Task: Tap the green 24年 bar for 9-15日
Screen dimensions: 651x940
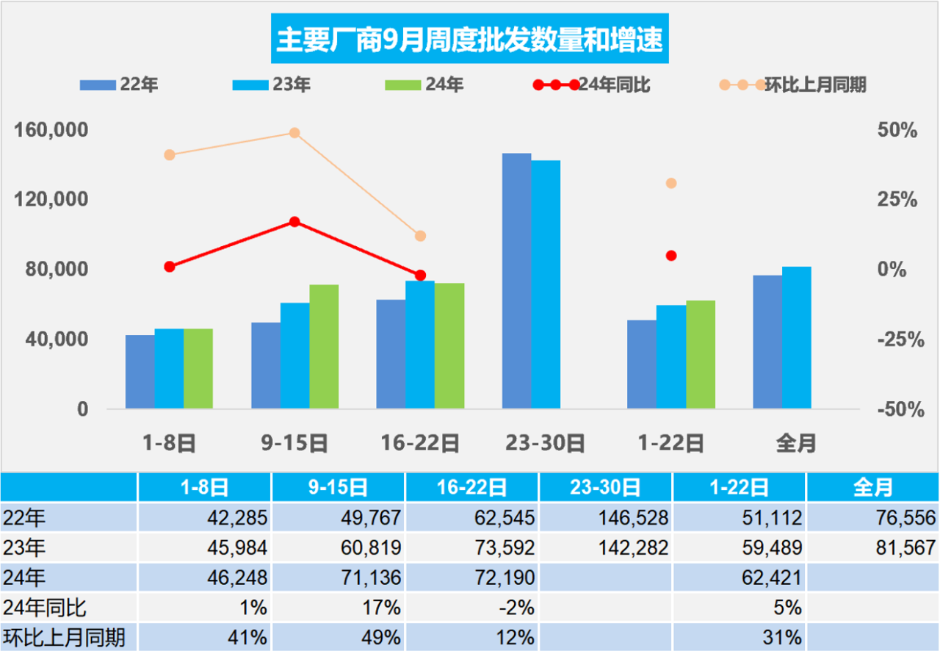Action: (x=324, y=346)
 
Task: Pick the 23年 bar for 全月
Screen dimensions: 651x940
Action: (x=796, y=337)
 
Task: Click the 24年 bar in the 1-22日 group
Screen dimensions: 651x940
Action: (x=701, y=354)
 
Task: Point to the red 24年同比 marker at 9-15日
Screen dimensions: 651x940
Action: (x=294, y=222)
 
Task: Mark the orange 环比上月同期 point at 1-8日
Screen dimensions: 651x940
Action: (x=170, y=155)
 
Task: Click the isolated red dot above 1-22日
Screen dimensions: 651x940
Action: (x=671, y=256)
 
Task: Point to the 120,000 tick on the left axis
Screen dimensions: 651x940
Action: (x=51, y=200)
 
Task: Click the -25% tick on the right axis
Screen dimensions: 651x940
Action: (x=897, y=339)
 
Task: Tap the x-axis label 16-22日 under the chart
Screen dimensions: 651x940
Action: (x=420, y=444)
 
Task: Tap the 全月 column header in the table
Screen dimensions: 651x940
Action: (x=872, y=486)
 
